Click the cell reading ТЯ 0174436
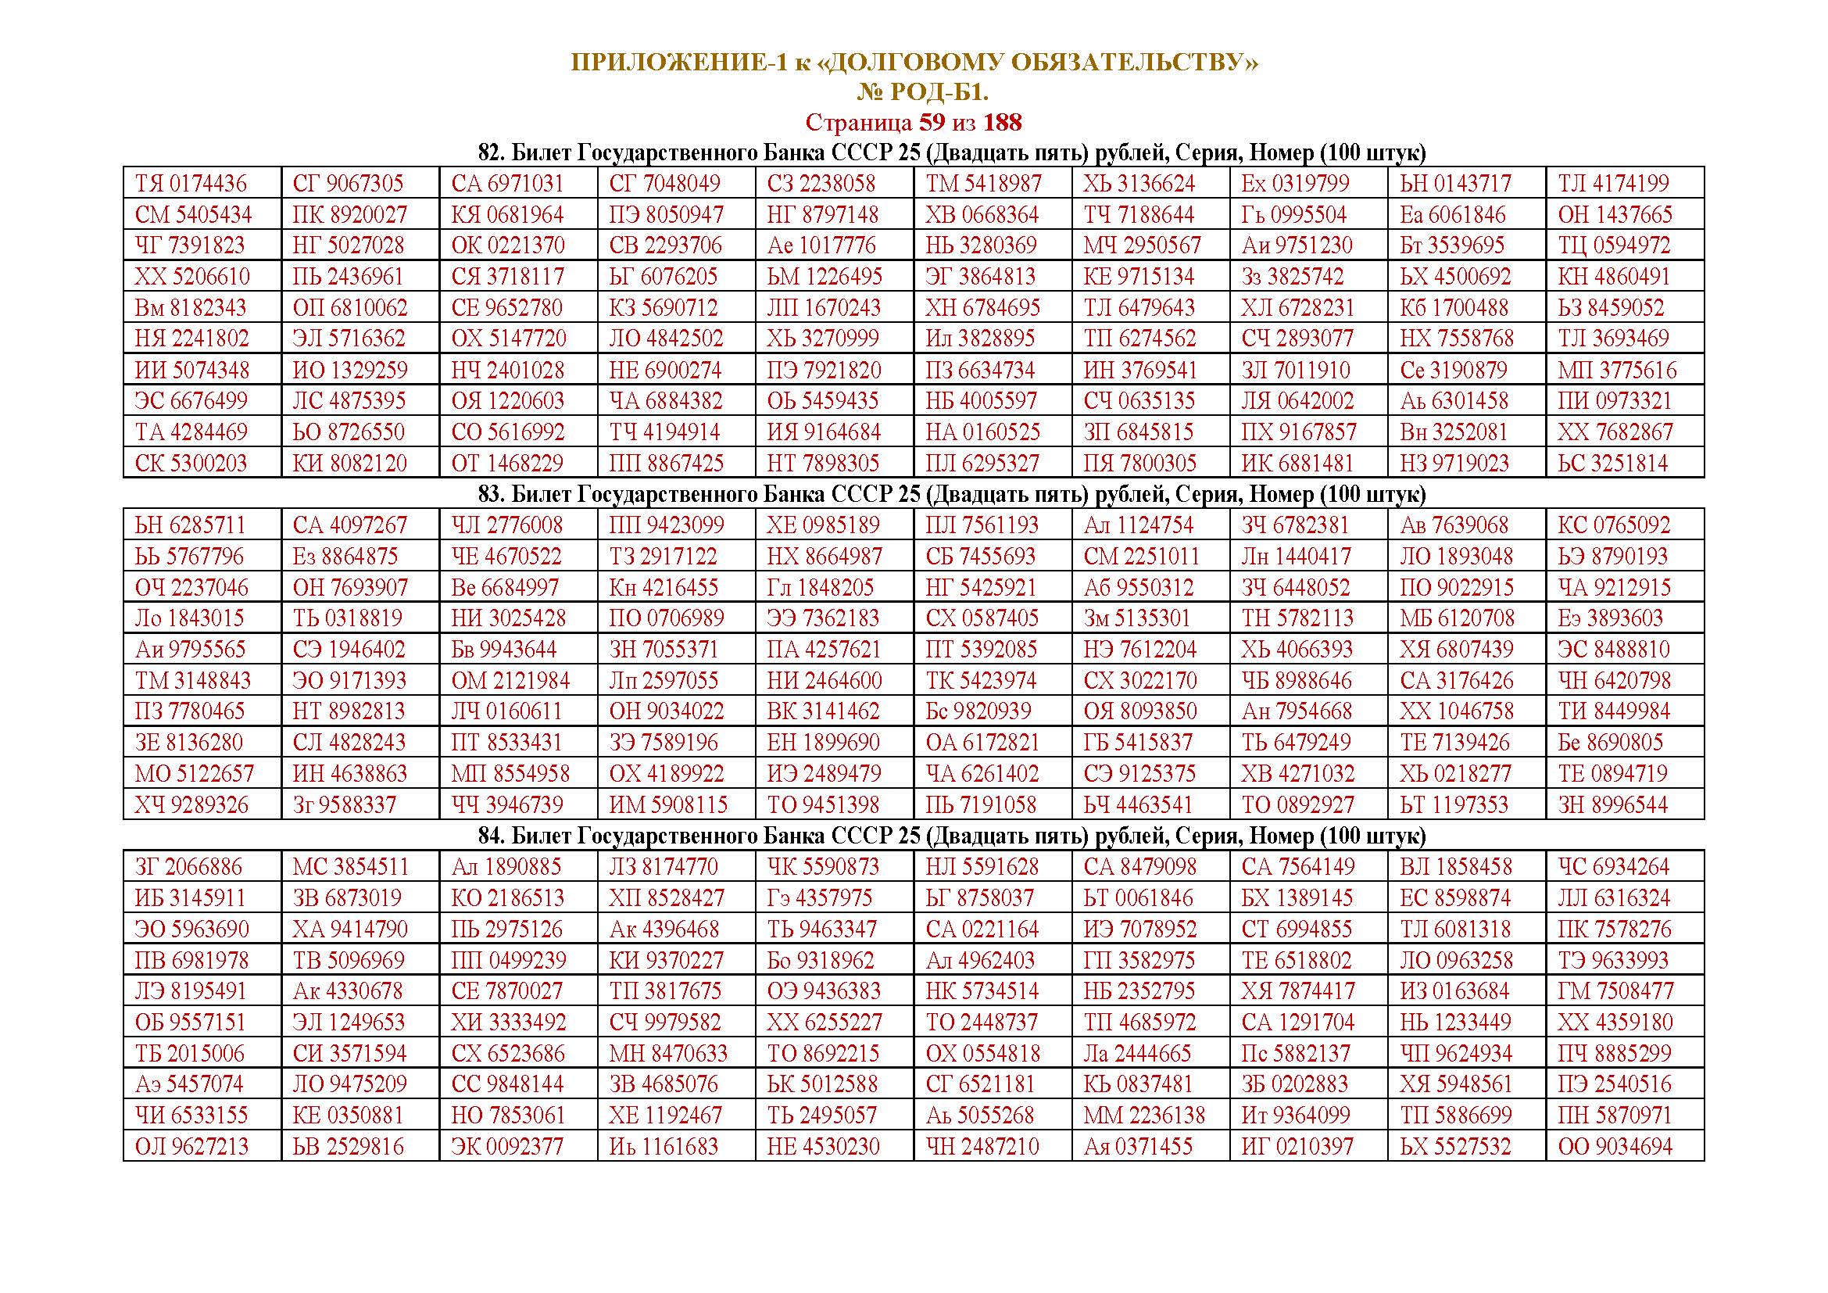coord(191,184)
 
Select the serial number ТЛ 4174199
coord(1613,184)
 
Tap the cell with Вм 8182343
coord(190,308)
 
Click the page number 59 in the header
coord(932,123)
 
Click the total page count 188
coord(1003,123)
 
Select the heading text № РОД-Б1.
coord(923,93)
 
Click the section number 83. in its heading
coord(492,494)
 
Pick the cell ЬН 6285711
coord(190,525)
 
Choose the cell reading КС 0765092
coord(1614,525)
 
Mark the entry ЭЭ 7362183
coord(822,618)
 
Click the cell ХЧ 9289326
coord(191,805)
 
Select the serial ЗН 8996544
coord(1613,805)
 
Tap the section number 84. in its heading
coord(492,836)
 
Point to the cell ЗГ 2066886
coord(188,867)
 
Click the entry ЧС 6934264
coord(1613,867)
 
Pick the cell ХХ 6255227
coord(823,1023)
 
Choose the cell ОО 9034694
coord(1615,1148)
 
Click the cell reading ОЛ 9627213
coord(191,1148)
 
